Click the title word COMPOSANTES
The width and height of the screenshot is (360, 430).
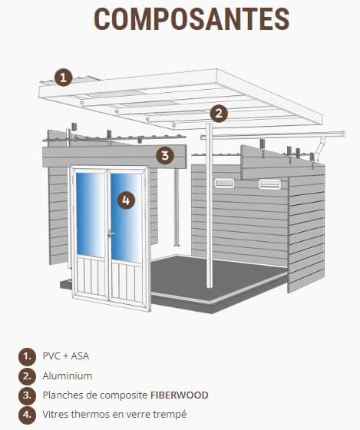tap(191, 19)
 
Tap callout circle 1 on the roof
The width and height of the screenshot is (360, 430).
tap(64, 78)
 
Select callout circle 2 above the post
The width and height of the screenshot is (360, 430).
tap(219, 114)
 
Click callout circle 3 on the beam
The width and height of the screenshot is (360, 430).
tap(165, 155)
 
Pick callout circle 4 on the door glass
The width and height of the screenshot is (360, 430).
tap(126, 200)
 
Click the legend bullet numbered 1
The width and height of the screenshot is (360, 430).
tap(27, 356)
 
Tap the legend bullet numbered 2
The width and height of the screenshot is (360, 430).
tap(27, 376)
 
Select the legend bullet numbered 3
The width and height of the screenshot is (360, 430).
tap(27, 395)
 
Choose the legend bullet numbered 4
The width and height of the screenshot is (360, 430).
tap(27, 415)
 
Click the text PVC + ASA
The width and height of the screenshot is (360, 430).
tap(66, 356)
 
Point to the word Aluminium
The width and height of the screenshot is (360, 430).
tap(68, 375)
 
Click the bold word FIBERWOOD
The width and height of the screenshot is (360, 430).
tap(180, 395)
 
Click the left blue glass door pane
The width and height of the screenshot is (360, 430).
tap(91, 215)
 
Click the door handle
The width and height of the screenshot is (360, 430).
tap(111, 233)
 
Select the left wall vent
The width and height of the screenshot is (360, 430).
tap(224, 183)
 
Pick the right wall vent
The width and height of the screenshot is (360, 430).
tap(269, 184)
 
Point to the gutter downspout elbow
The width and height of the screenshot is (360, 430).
tap(319, 150)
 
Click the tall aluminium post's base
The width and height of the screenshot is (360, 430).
tap(210, 285)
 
